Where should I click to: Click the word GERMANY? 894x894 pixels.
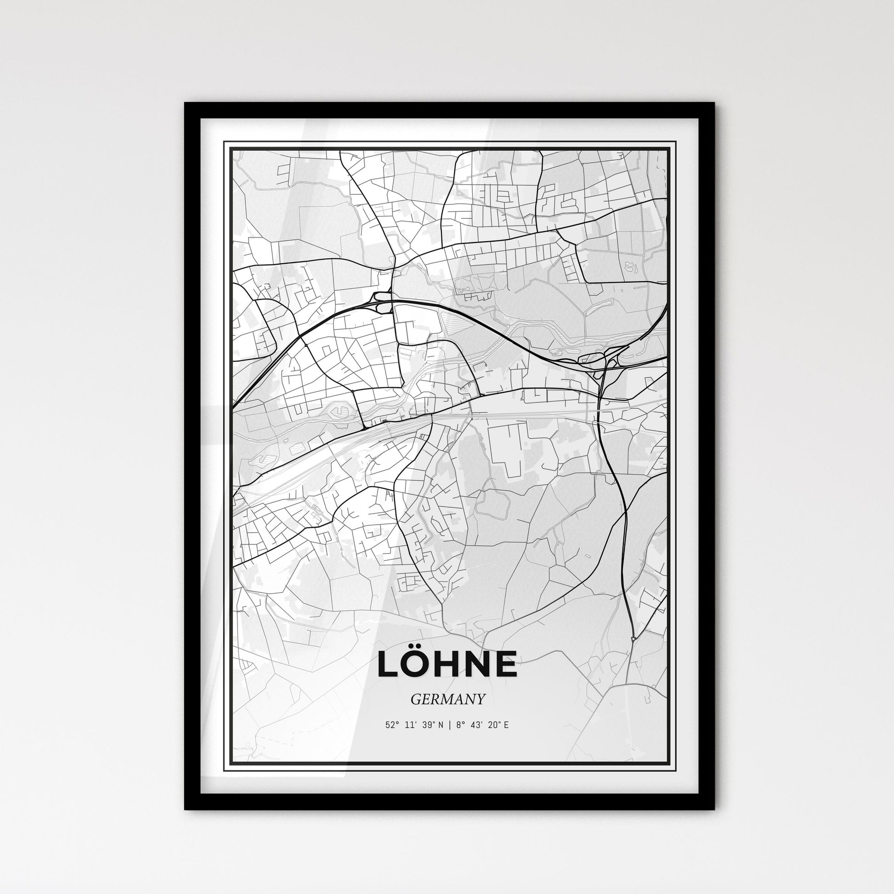coord(447,699)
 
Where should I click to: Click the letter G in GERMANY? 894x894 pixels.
coord(413,699)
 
